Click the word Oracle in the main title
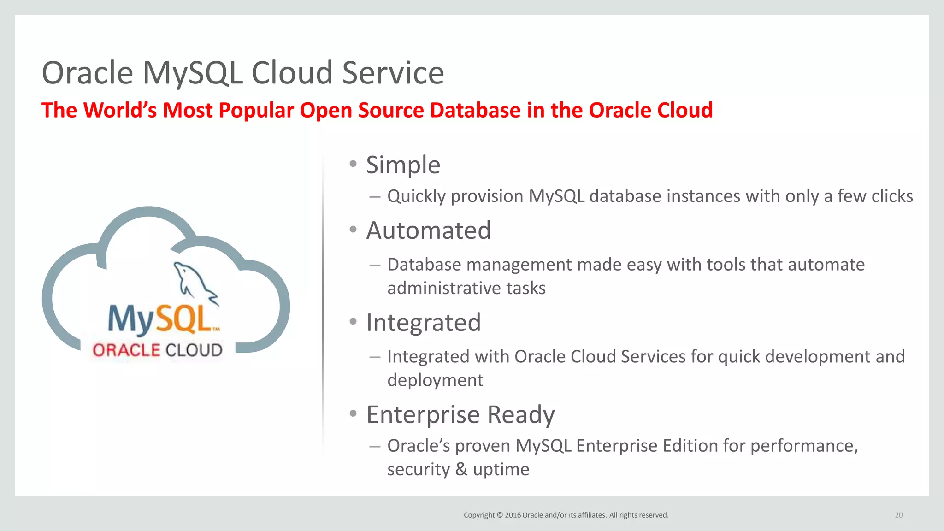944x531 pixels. [x=88, y=73]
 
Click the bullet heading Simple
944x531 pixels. [x=403, y=165]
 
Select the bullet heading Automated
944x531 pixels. [x=428, y=230]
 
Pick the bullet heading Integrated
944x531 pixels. [x=423, y=323]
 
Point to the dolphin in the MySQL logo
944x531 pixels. [x=194, y=282]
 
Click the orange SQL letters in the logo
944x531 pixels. [x=183, y=319]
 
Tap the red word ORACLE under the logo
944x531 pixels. [x=126, y=350]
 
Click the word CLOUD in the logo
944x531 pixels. [x=194, y=350]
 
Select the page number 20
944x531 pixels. [x=898, y=515]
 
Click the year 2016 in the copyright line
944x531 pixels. [x=513, y=515]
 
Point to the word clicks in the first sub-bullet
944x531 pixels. [x=892, y=196]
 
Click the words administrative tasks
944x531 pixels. [x=466, y=289]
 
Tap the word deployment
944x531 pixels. [x=435, y=381]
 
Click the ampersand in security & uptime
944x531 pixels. [x=461, y=469]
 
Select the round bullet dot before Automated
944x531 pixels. [x=353, y=229]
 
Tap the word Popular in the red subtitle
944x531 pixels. [x=256, y=111]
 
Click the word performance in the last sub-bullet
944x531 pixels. [x=803, y=446]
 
